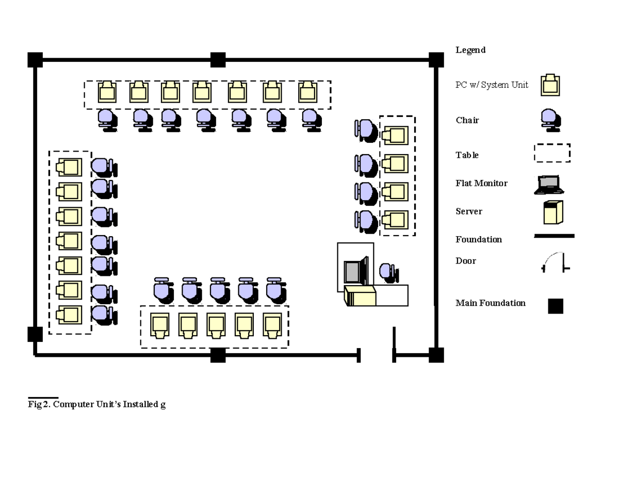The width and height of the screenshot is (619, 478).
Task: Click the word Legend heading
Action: click(470, 50)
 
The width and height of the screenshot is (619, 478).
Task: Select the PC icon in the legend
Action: click(550, 85)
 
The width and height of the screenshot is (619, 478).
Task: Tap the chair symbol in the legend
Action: click(550, 120)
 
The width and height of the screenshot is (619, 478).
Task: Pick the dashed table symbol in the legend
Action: click(551, 153)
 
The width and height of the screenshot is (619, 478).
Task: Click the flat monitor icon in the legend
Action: click(549, 184)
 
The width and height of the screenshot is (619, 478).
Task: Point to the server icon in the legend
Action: click(552, 212)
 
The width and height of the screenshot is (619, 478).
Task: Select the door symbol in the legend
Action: click(556, 262)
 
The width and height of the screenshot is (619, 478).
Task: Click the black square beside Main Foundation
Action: click(556, 306)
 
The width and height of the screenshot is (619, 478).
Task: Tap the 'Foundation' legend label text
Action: click(478, 239)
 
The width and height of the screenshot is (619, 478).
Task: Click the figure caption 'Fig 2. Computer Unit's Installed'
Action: click(96, 404)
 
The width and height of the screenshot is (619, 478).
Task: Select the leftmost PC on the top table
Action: click(107, 92)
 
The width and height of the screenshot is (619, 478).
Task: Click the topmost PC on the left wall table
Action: click(69, 167)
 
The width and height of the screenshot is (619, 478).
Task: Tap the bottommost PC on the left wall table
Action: click(69, 314)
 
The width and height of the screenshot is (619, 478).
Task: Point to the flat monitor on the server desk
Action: click(355, 270)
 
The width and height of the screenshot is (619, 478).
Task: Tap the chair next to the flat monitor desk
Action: click(388, 272)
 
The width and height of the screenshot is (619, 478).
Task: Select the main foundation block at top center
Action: click(218, 60)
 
